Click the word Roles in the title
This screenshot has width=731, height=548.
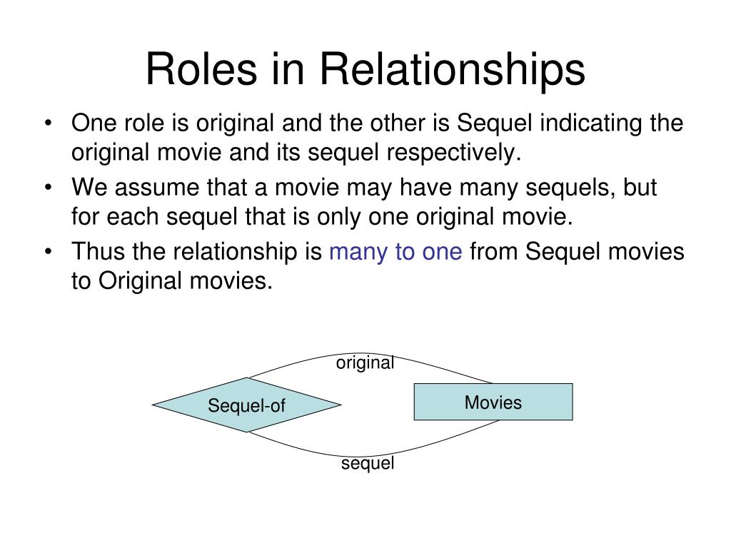point(201,68)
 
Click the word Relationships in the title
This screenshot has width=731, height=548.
point(452,69)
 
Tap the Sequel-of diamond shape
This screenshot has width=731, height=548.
point(246,405)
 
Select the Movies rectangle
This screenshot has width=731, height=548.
point(493,402)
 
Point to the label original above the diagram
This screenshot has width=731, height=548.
point(365,363)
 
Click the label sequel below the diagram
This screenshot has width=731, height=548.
point(368,463)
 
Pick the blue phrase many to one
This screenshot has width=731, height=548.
point(395,252)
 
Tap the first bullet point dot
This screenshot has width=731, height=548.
point(48,124)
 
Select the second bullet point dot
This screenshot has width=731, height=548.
point(48,188)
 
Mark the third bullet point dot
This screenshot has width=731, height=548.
point(48,252)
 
